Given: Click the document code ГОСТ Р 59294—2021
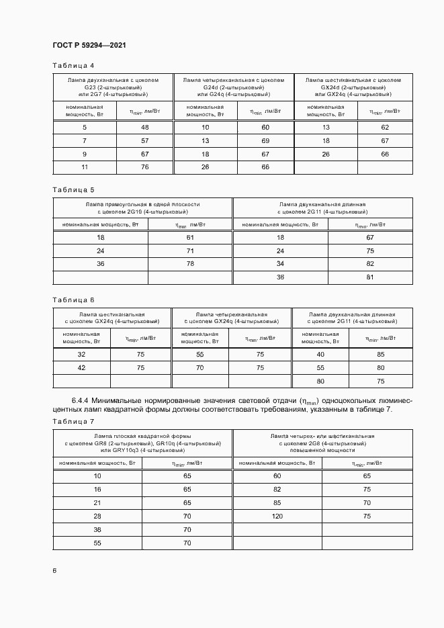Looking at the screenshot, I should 89,45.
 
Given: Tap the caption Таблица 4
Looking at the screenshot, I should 73,65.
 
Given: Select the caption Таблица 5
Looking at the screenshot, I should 73,189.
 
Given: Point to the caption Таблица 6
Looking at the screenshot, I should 73,300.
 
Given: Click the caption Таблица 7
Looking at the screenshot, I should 73,421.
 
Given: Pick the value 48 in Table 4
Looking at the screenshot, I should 144,128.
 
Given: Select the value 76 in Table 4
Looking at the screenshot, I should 144,167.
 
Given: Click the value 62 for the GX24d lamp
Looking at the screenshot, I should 385,128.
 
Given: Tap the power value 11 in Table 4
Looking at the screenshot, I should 85,167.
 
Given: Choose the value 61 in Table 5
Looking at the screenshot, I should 190,238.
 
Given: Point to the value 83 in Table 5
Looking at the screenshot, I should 369,264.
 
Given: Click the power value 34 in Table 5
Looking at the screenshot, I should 281,264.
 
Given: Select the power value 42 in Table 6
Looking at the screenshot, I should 82,367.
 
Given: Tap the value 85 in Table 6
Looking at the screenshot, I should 381,354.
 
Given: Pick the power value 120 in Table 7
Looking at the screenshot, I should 277,517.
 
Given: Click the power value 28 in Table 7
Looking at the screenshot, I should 97,517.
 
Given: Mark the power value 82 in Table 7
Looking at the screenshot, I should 277,490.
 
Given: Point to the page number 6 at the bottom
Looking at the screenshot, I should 54,570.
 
